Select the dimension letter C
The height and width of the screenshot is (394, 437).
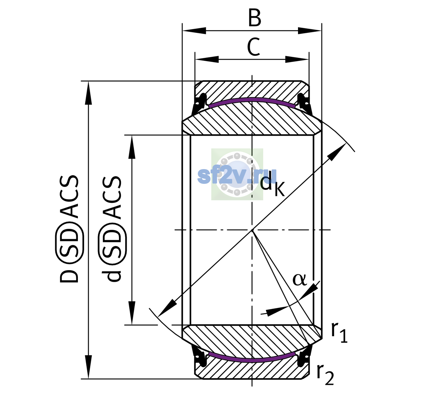[254, 47]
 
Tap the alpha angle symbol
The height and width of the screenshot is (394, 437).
[300, 279]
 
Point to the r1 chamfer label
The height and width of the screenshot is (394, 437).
[339, 332]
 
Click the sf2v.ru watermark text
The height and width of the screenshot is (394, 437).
[237, 176]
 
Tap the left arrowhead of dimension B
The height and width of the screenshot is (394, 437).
[194, 31]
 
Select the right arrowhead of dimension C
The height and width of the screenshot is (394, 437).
[297, 59]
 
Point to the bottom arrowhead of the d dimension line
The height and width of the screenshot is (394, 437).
[132, 313]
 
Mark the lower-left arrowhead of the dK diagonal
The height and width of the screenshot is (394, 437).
[167, 308]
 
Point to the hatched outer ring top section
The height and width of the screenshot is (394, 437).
[252, 90]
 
